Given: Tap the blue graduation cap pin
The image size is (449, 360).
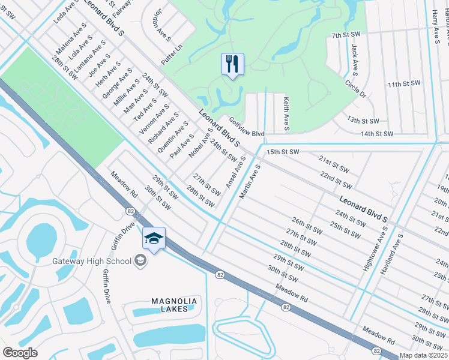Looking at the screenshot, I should (x=154, y=239).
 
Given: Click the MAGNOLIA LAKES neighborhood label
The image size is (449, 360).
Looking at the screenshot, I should (x=170, y=305).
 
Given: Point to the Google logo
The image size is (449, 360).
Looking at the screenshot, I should (x=20, y=353).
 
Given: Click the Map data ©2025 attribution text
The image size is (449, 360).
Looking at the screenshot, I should (x=424, y=355).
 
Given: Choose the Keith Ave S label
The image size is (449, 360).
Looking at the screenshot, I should (x=287, y=114).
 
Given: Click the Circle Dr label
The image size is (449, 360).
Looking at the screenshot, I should (x=354, y=89).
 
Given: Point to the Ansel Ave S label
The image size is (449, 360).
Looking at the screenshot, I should (x=235, y=173).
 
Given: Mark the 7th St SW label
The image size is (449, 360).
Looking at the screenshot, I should (x=347, y=36).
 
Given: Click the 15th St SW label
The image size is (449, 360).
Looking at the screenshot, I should (x=282, y=152).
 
